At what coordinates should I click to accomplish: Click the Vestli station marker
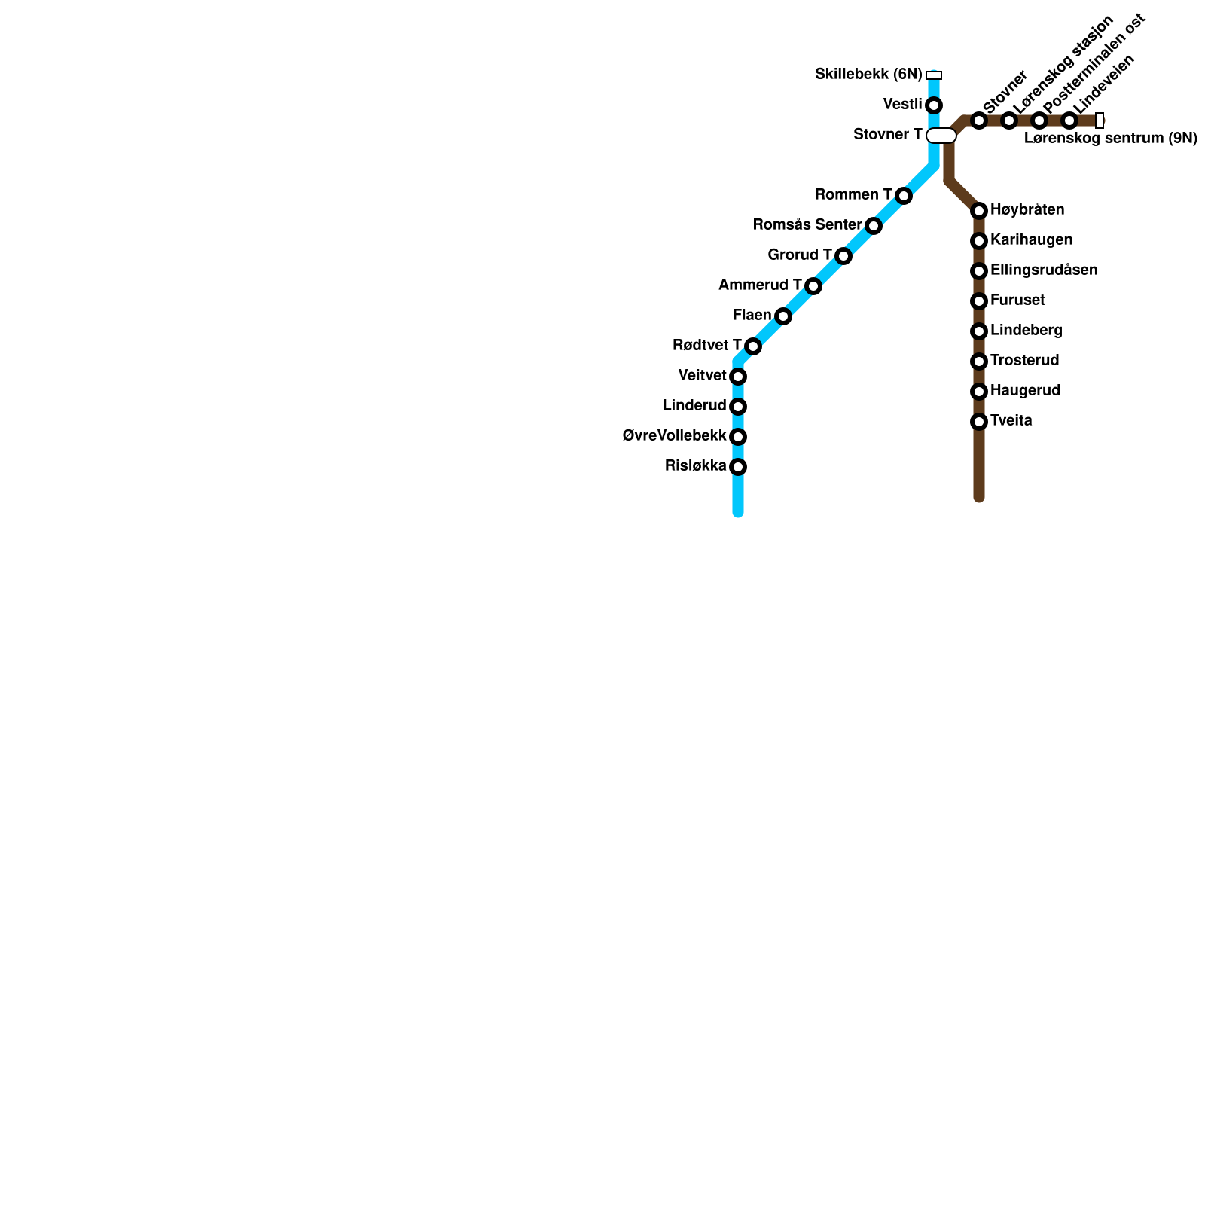pyautogui.click(x=934, y=105)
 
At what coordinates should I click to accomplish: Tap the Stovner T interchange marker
pyautogui.click(x=941, y=136)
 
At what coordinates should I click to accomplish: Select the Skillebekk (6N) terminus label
pyautogui.click(x=868, y=75)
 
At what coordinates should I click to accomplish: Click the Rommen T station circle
pyautogui.click(x=904, y=196)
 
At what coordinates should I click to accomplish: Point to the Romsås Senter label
pyautogui.click(x=807, y=225)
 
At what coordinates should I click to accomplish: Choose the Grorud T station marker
pyautogui.click(x=843, y=256)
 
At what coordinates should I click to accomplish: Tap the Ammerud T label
pyautogui.click(x=760, y=285)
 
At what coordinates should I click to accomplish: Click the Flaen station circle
pyautogui.click(x=783, y=316)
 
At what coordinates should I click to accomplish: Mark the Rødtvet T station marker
pyautogui.click(x=753, y=346)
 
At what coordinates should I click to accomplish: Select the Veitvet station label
pyautogui.click(x=702, y=376)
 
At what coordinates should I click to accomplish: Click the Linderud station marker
pyautogui.click(x=738, y=407)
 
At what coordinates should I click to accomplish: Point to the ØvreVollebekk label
pyautogui.click(x=675, y=436)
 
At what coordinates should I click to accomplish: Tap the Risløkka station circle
pyautogui.click(x=738, y=467)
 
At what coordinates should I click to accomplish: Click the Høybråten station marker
pyautogui.click(x=979, y=211)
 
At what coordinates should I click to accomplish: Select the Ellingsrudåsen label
pyautogui.click(x=1044, y=270)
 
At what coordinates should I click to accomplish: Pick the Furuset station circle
pyautogui.click(x=979, y=301)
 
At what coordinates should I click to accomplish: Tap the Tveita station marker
pyautogui.click(x=979, y=422)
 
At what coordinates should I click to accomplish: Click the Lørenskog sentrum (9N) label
pyautogui.click(x=1111, y=139)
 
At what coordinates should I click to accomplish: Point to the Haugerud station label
pyautogui.click(x=1026, y=391)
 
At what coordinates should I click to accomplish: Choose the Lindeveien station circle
pyautogui.click(x=1069, y=120)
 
